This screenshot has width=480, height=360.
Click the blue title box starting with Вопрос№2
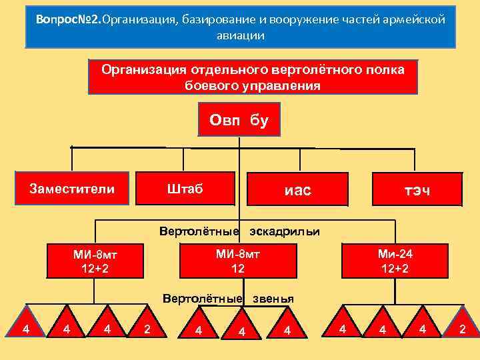coord(240,27)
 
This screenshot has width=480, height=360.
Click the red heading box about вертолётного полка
coord(253,77)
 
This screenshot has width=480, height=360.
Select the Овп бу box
coord(239,120)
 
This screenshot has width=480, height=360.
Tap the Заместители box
coord(71,189)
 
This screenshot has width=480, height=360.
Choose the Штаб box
coord(185,189)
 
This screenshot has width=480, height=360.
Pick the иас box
coord(297,191)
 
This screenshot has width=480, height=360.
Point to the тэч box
coord(417,191)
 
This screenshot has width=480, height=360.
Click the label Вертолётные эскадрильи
coord(239,231)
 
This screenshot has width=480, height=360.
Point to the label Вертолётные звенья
coord(228,298)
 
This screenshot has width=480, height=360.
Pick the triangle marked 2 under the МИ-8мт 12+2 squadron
coord(147,329)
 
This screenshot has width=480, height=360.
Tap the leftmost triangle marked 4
coord(25,328)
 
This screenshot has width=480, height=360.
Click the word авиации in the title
coord(240,35)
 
